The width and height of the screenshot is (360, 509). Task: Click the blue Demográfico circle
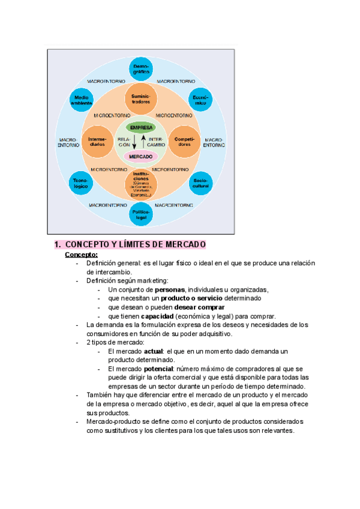[x=141, y=68]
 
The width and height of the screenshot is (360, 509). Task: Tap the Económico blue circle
[x=200, y=99]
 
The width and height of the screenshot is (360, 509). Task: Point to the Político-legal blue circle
[x=141, y=214]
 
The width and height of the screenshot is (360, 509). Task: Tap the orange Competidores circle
[x=184, y=142]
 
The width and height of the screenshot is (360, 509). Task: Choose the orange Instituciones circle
[x=141, y=184]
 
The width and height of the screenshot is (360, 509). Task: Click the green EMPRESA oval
[x=141, y=128]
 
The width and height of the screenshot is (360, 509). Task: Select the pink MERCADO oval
[x=141, y=156]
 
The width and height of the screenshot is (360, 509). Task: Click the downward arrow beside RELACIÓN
[x=134, y=143]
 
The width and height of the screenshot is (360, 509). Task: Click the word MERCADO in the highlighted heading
[x=184, y=245]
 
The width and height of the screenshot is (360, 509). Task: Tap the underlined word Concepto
[x=81, y=254]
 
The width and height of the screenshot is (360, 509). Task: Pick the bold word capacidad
[x=158, y=316]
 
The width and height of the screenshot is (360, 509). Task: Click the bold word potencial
[x=159, y=369]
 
